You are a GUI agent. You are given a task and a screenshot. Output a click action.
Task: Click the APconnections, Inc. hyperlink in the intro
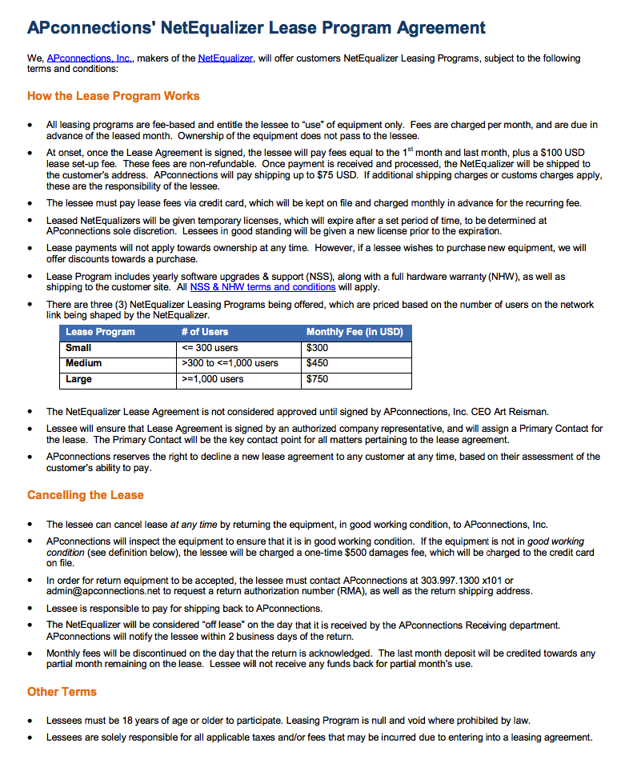point(90,58)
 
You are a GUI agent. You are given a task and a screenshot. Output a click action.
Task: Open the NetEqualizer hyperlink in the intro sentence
point(226,58)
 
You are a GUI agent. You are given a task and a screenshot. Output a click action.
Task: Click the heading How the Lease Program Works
point(114,96)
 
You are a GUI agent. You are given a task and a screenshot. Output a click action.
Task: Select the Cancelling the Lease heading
point(86,495)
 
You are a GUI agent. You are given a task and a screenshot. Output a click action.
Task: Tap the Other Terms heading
point(62,691)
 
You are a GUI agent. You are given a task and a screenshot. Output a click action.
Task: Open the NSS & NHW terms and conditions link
point(262,287)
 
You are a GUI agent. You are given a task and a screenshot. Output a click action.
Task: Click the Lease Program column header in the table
point(100,332)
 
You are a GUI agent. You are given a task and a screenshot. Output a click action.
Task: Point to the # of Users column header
point(205,332)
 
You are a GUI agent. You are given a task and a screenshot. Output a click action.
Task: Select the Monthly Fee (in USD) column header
point(355,332)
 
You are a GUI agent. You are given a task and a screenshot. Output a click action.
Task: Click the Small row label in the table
point(78,348)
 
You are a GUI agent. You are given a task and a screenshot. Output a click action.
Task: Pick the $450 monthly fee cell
point(318,363)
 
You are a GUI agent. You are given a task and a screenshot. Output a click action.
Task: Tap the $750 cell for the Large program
point(318,379)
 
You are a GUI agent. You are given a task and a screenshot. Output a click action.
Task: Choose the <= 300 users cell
point(210,348)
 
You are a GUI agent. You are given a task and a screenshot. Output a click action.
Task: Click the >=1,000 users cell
point(213,379)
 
